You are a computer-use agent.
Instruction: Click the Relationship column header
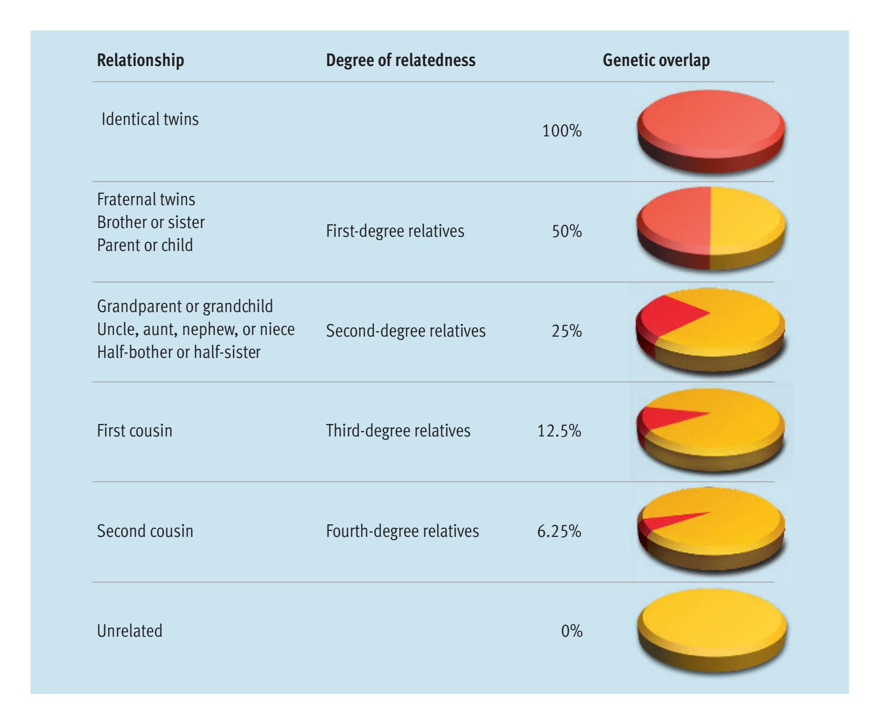click(x=140, y=60)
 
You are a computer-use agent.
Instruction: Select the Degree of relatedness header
click(x=400, y=60)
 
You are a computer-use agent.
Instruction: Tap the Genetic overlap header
click(x=656, y=60)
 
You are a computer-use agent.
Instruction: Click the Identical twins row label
click(x=150, y=119)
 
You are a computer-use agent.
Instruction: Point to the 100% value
click(x=561, y=131)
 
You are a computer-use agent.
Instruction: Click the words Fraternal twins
click(x=146, y=199)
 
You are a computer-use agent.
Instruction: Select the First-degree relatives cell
click(x=395, y=231)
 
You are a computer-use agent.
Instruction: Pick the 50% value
click(x=566, y=231)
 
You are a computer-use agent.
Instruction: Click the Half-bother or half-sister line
click(x=178, y=352)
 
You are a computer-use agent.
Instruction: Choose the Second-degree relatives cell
click(x=405, y=331)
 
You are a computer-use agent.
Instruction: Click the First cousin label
click(x=134, y=430)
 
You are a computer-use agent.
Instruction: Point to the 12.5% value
click(x=559, y=430)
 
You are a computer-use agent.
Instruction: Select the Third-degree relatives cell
click(x=398, y=430)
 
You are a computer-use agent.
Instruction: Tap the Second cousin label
click(x=145, y=531)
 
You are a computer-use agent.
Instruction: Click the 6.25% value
click(x=559, y=531)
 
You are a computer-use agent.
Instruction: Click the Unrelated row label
click(x=129, y=631)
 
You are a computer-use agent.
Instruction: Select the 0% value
click(x=571, y=631)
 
